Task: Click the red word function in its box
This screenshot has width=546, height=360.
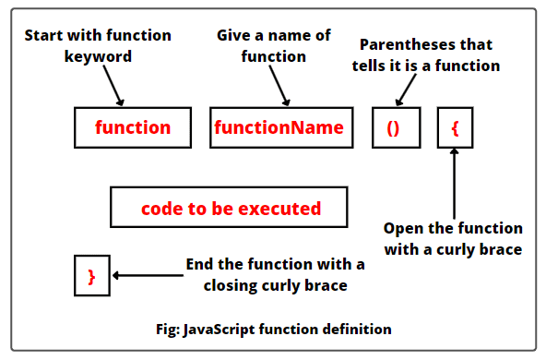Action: pyautogui.click(x=133, y=128)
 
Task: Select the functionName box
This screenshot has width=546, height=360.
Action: pyautogui.click(x=279, y=128)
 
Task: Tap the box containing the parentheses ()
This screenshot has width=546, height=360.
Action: pyautogui.click(x=393, y=128)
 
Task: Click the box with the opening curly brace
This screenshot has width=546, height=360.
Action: pyautogui.click(x=455, y=128)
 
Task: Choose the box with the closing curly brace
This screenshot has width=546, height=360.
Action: pyautogui.click(x=91, y=275)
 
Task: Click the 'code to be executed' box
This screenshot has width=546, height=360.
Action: pyautogui.click(x=231, y=209)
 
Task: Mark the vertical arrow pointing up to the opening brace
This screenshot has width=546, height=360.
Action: pyautogui.click(x=455, y=180)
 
